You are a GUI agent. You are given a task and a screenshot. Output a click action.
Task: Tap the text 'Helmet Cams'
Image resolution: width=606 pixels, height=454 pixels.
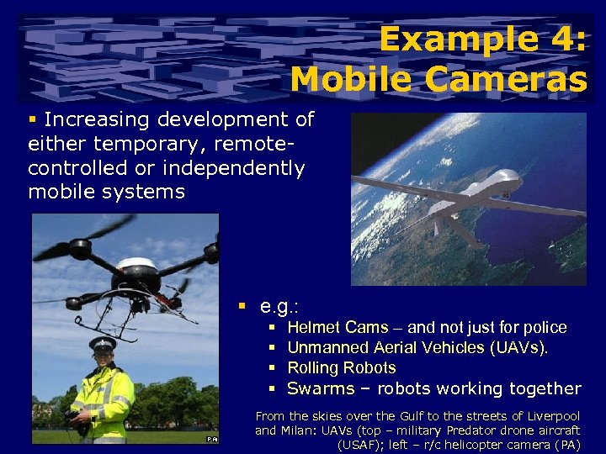coord(338,327)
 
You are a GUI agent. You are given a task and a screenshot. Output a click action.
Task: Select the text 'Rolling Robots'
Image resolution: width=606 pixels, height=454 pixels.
coord(341,367)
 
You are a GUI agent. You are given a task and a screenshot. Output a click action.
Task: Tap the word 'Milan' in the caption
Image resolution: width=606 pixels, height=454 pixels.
coord(290,430)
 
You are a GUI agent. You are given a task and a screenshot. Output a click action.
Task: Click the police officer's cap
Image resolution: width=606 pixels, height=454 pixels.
coord(103,343)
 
